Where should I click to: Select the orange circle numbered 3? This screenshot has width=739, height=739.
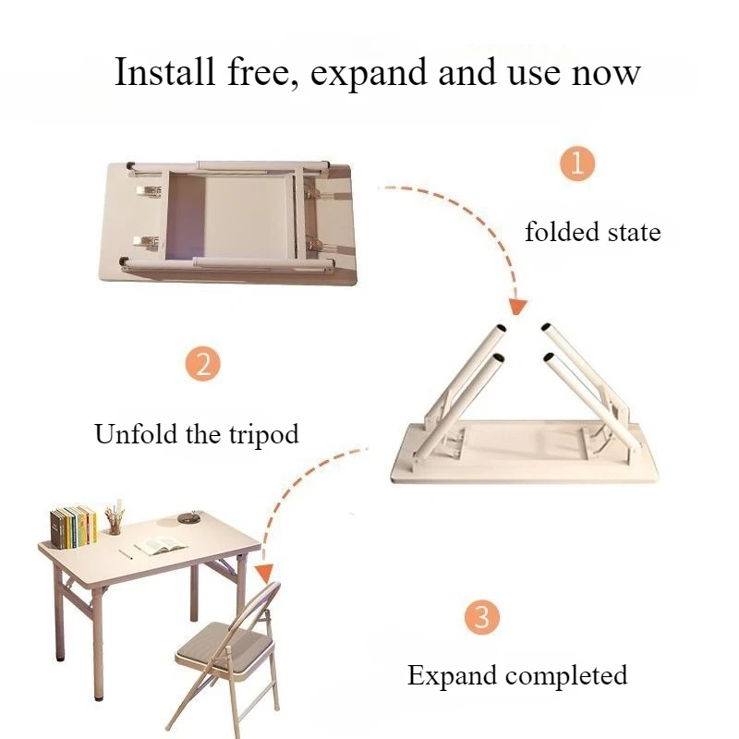pos(480,615)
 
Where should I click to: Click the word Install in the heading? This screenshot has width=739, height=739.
pos(164,71)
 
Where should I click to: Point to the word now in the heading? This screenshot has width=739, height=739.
pos(605,73)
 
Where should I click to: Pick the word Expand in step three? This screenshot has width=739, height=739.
pos(452,676)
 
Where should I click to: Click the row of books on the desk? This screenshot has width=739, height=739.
pos(74,526)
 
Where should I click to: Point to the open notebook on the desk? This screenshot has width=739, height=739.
pos(154,547)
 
